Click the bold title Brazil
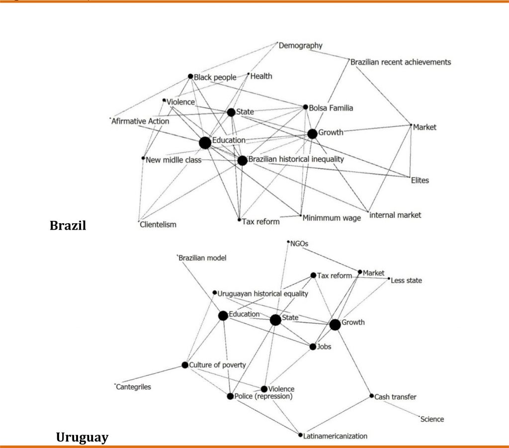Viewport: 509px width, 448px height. pos(68,225)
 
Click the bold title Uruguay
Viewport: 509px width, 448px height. pos(82,438)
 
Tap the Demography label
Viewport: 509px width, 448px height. pos(300,46)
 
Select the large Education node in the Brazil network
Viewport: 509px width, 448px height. pos(205,143)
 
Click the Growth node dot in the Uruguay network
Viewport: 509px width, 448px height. pos(335,325)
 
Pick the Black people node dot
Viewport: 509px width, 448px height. pos(190,77)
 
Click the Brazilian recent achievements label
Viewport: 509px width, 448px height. pos(401,62)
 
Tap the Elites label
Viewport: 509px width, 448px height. pos(420,180)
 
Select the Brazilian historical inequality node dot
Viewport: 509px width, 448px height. pos(242,161)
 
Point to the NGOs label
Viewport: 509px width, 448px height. pos(302,243)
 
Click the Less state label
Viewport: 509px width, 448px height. pos(406,280)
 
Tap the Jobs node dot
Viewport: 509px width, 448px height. pos(313,347)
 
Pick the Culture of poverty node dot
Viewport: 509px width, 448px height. pos(185,365)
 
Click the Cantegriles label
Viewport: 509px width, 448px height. pos(134,387)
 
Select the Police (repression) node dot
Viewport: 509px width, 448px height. pos(230,396)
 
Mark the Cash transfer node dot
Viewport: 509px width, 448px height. pos(371,396)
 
